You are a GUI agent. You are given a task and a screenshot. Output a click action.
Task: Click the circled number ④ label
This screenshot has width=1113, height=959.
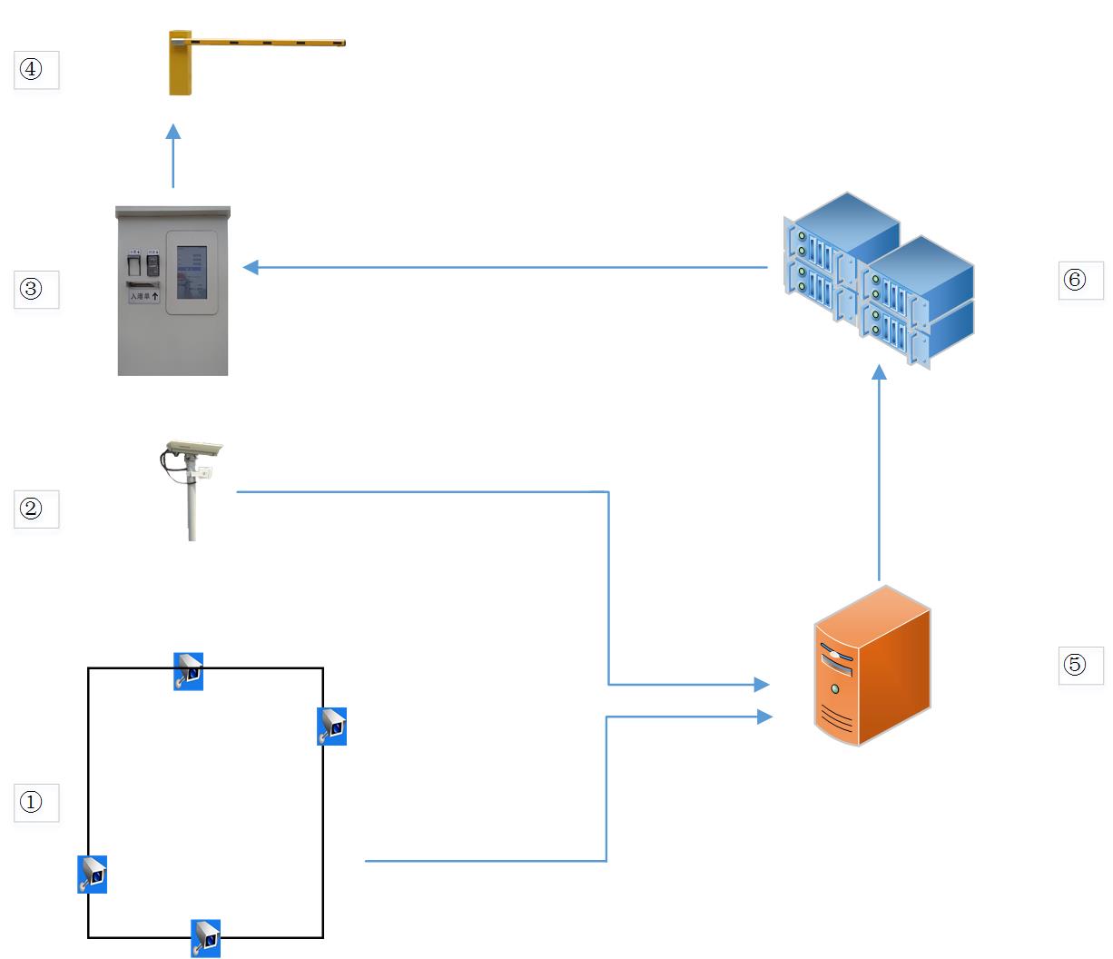(32, 70)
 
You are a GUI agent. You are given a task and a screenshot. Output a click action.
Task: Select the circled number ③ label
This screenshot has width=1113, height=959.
(32, 291)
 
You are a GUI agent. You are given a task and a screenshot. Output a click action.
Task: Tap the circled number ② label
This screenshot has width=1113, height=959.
(32, 509)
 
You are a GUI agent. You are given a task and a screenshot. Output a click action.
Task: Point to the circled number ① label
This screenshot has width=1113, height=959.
(32, 803)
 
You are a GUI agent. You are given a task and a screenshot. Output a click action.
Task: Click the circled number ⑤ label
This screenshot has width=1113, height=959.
(1075, 665)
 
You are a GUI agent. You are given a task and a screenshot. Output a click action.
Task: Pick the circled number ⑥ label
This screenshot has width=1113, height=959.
(1075, 280)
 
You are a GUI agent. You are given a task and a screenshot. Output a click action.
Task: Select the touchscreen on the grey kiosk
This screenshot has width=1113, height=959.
(192, 272)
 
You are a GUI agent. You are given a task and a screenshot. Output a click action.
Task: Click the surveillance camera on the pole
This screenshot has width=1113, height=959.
(192, 450)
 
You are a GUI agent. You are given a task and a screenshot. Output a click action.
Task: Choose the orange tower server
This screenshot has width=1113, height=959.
(872, 667)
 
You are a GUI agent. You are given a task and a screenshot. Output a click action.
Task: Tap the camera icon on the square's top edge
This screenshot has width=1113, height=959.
(188, 671)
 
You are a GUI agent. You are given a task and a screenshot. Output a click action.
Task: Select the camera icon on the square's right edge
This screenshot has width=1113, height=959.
(331, 727)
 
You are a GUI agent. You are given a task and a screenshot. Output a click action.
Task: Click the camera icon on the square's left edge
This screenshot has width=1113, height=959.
(92, 875)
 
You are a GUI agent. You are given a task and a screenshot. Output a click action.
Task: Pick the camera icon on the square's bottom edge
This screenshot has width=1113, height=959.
(206, 938)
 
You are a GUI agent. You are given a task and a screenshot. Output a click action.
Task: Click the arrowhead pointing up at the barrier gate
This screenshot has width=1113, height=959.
(173, 132)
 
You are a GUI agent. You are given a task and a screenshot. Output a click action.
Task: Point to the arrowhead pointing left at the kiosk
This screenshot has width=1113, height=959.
(251, 267)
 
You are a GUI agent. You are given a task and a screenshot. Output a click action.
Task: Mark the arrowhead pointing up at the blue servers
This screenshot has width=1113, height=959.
(879, 372)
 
